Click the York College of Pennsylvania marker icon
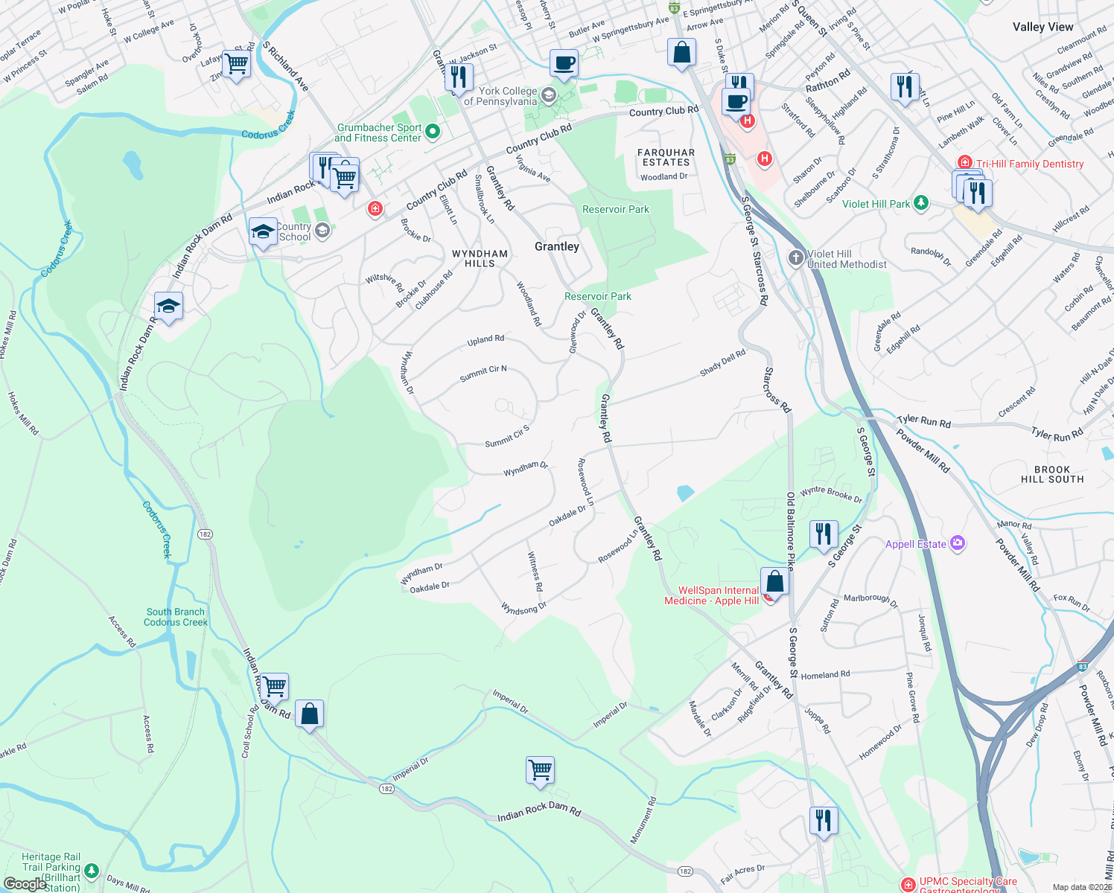(x=549, y=95)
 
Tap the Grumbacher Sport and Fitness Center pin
(x=432, y=132)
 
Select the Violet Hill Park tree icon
(x=921, y=203)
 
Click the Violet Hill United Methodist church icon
(x=796, y=258)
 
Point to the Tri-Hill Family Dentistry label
(x=1029, y=164)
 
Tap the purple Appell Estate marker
(x=958, y=544)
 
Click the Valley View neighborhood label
(x=1043, y=27)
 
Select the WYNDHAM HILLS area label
(x=480, y=258)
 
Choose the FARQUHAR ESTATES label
(x=666, y=157)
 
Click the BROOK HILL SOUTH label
(x=1051, y=474)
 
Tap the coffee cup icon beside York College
(x=564, y=63)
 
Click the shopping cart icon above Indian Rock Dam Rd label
(x=540, y=769)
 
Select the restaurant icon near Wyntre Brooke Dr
(x=823, y=535)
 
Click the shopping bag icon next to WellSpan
(x=774, y=582)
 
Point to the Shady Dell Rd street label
(x=722, y=362)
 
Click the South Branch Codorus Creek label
(x=175, y=617)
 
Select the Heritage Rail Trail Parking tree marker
(x=91, y=870)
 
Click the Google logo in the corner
(x=25, y=883)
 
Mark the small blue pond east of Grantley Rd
(x=685, y=493)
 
